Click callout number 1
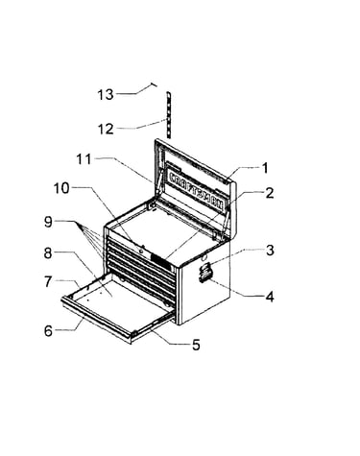(265, 168)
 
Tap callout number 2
(270, 193)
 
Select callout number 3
(270, 251)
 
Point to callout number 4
(270, 297)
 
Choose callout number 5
(196, 345)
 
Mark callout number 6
(48, 331)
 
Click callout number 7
(48, 281)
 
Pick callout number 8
(48, 253)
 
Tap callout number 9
(48, 222)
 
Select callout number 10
(61, 188)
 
